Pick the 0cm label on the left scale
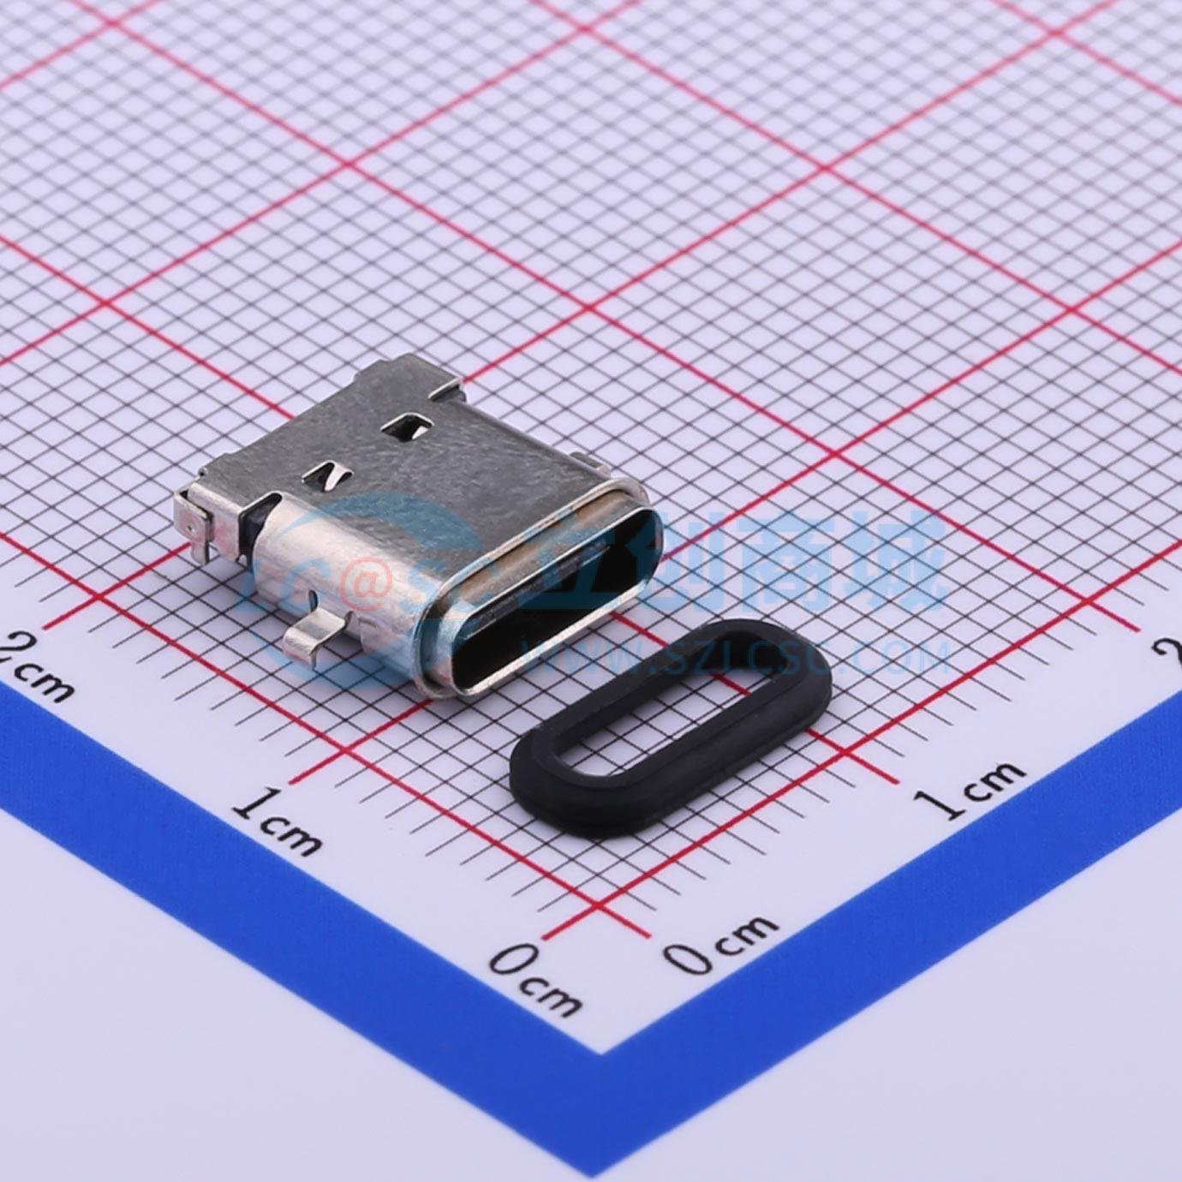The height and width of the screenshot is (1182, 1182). point(536,976)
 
